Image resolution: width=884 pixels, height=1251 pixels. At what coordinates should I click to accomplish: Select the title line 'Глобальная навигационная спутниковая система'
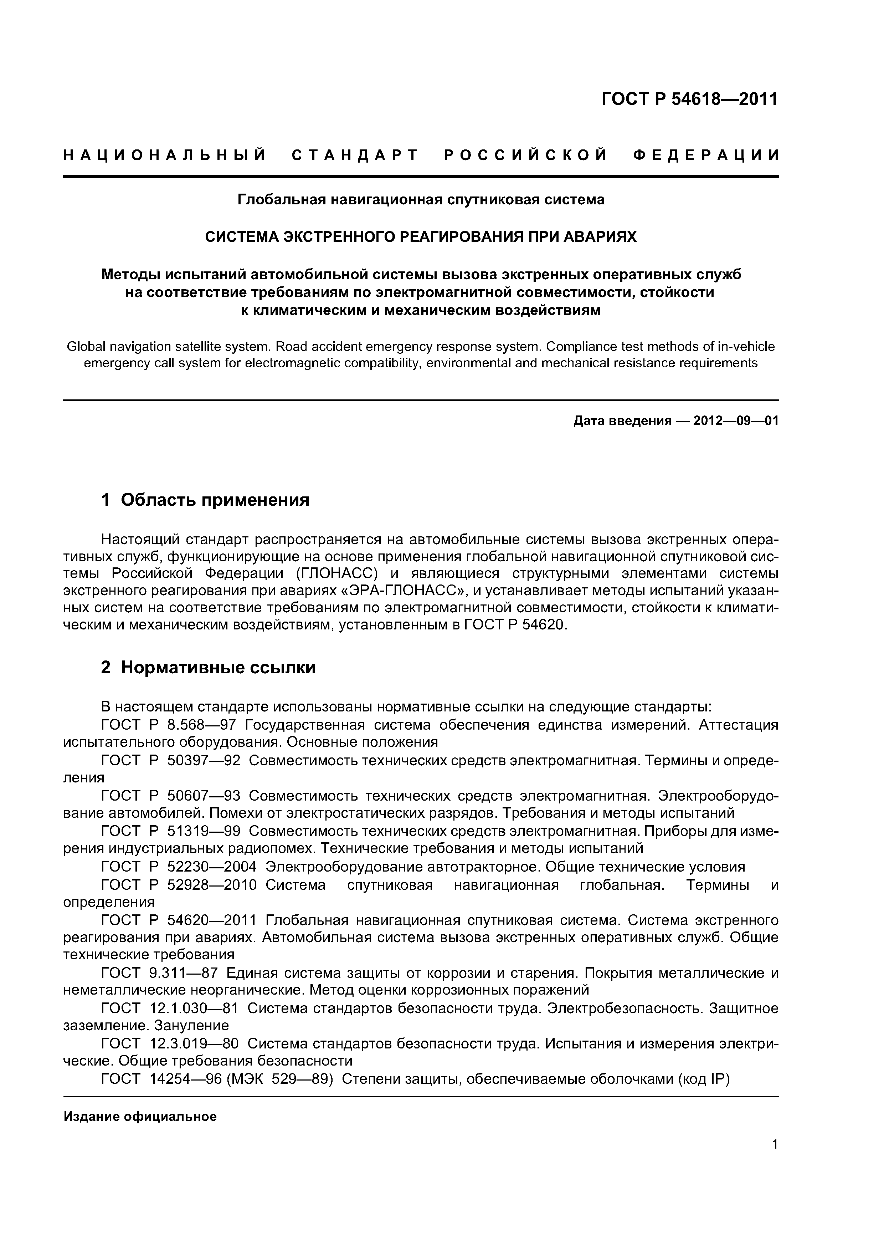coord(421,200)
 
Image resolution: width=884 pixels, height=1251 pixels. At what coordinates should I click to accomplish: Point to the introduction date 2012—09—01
coord(736,421)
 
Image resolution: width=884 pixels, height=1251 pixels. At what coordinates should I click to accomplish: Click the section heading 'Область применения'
coord(215,500)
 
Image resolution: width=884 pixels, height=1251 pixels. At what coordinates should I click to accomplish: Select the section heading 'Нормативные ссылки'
coord(218,668)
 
